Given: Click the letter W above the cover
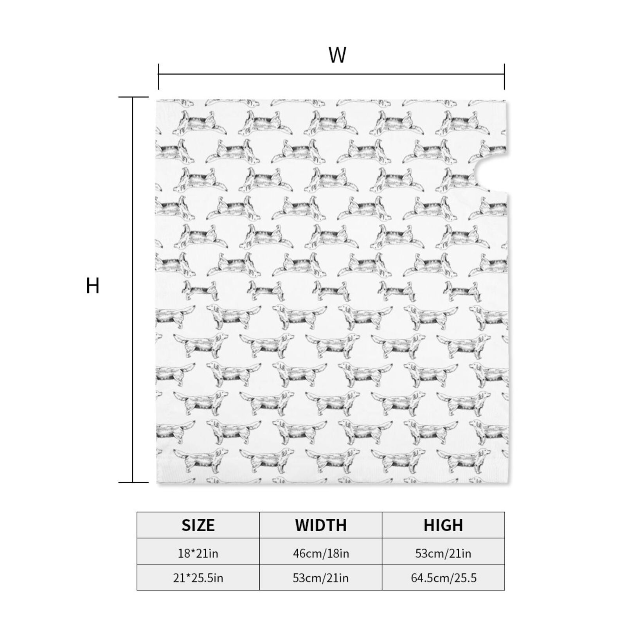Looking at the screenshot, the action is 337,55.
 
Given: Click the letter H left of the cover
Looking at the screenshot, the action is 93,286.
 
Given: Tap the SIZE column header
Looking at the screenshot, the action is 198,525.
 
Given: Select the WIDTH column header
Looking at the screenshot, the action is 321,525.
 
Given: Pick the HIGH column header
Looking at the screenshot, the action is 443,525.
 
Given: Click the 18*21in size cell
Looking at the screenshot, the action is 198,553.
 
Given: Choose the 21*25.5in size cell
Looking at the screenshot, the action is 198,577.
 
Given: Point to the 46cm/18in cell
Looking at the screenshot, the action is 321,553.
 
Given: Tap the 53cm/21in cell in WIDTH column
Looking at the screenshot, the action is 321,577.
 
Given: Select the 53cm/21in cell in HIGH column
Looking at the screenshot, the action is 443,553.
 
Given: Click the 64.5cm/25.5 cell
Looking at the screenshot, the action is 443,577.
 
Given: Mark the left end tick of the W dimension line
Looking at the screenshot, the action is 158,77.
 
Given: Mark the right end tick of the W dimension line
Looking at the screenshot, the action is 504,77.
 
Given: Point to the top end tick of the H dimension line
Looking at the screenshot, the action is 133,97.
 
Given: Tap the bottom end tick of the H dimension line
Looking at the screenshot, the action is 133,482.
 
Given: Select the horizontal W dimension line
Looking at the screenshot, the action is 331,74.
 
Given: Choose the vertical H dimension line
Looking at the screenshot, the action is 133,290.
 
